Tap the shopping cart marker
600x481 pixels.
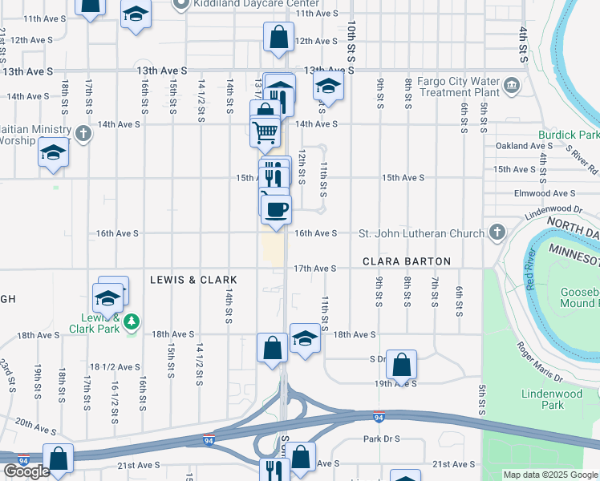tap(265, 130)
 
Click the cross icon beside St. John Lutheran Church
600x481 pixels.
tap(497, 233)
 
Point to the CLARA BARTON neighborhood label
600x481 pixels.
tap(407, 262)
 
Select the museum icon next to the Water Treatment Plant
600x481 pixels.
tap(511, 83)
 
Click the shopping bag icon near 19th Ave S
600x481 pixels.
tap(402, 364)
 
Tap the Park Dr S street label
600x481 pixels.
tap(380, 439)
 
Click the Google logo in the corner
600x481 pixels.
tap(26, 471)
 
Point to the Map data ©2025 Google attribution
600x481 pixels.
tap(550, 475)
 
